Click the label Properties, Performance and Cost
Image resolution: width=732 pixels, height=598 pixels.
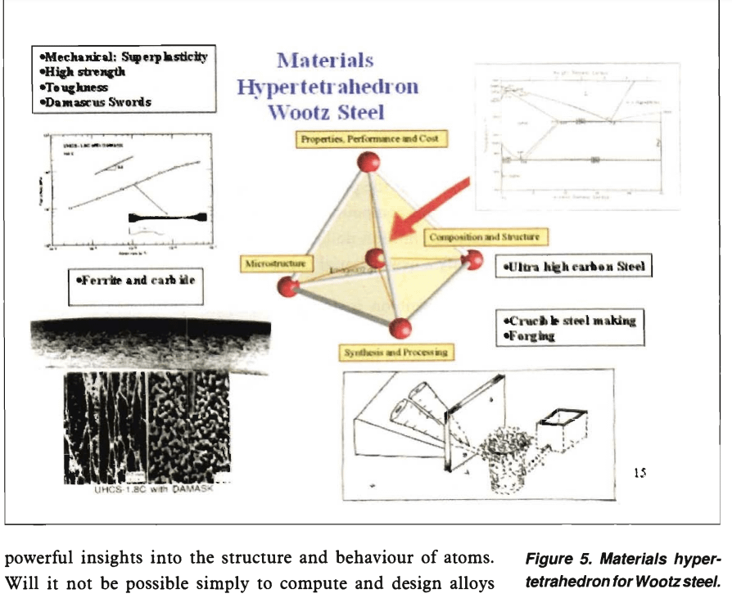pyautogui.click(x=369, y=139)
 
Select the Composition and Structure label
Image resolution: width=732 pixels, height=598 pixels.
pyautogui.click(x=486, y=237)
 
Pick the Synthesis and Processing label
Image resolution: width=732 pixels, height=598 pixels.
pyautogui.click(x=395, y=352)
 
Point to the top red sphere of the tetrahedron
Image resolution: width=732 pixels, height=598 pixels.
pyautogui.click(x=368, y=162)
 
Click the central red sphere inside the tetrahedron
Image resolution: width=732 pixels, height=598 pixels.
pyautogui.click(x=376, y=259)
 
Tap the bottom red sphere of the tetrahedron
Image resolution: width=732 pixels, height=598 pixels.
pyautogui.click(x=399, y=328)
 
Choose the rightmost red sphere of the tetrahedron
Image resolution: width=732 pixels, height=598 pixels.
pyautogui.click(x=472, y=260)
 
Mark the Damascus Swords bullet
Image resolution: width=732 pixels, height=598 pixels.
pyautogui.click(x=96, y=102)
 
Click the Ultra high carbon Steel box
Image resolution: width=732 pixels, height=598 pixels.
pyautogui.click(x=574, y=268)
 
